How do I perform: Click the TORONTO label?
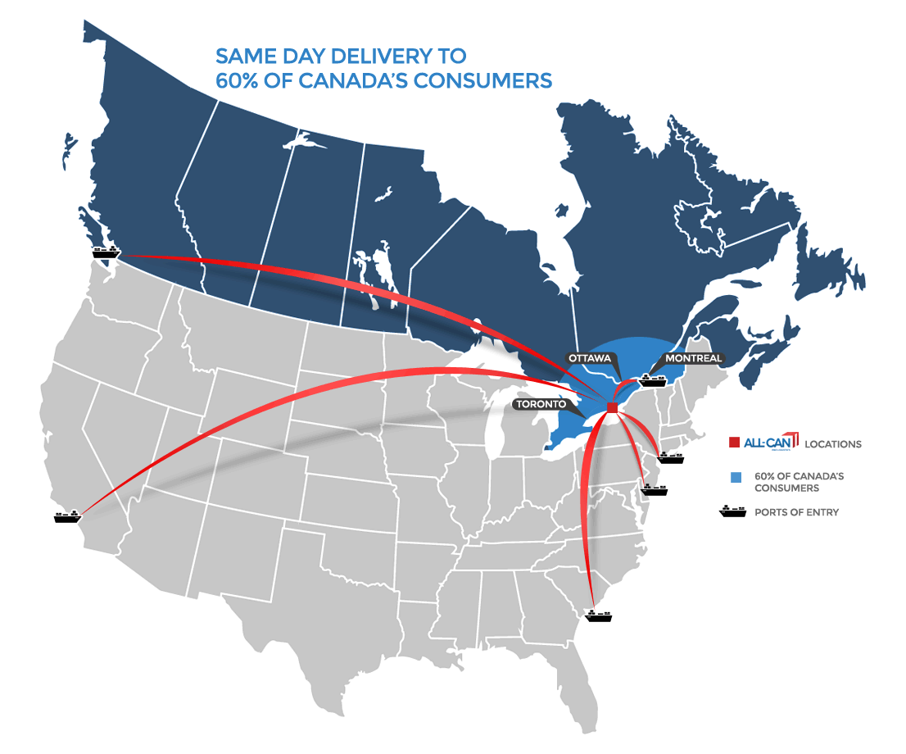(540, 404)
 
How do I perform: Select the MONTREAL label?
(694, 358)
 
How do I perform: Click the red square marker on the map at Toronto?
(612, 408)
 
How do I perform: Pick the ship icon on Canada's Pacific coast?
(106, 251)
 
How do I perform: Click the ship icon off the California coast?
(67, 516)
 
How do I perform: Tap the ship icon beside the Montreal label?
(653, 379)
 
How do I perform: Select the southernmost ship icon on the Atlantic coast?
(599, 615)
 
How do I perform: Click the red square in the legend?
(735, 443)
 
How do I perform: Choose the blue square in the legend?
(735, 477)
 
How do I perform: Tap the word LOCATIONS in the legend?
(833, 444)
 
